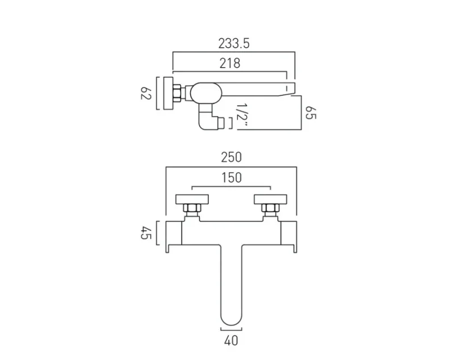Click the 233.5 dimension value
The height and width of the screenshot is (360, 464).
click(234, 44)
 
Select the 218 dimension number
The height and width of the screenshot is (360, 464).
click(229, 63)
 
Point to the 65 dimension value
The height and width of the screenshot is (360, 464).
click(310, 112)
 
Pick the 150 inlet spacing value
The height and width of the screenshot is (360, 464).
click(231, 178)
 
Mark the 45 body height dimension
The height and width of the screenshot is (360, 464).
click(145, 232)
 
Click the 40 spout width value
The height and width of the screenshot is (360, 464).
click(231, 340)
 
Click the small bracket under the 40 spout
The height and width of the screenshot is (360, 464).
click(231, 329)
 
